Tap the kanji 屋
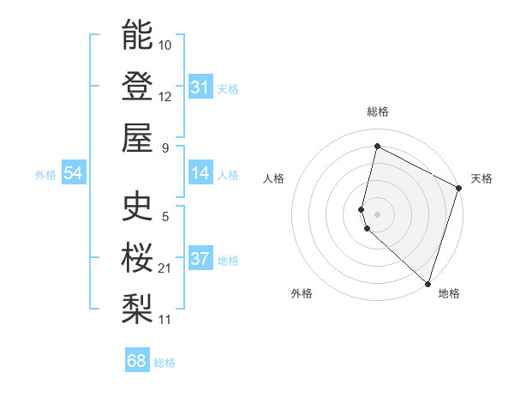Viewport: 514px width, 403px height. click(137, 137)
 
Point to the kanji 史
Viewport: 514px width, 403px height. click(137, 206)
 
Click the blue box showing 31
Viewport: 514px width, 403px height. click(200, 87)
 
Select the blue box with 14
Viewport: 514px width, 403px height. click(200, 174)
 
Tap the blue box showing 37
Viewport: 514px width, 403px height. click(200, 260)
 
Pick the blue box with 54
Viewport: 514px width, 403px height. click(74, 174)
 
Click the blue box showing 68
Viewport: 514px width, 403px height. click(137, 361)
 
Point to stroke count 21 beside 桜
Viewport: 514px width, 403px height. click(164, 268)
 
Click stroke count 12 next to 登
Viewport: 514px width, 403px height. click(165, 96)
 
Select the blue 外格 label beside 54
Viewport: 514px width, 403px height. click(45, 175)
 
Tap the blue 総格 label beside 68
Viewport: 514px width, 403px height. click(164, 363)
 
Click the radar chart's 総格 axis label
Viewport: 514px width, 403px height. click(378, 111)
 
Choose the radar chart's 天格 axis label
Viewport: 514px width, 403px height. click(481, 178)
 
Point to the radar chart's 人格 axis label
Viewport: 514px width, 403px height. click(274, 178)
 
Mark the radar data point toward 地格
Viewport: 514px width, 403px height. click(427, 284)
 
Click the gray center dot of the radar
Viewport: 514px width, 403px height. click(378, 214)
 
